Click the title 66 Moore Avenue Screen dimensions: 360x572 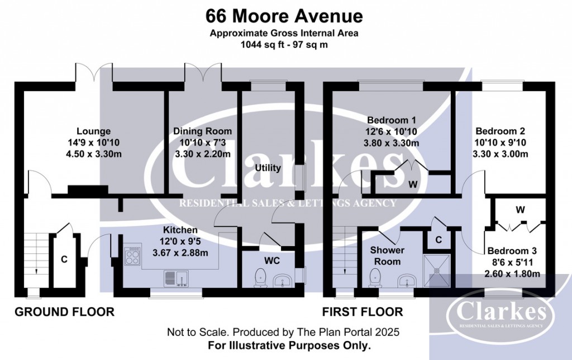point(284,15)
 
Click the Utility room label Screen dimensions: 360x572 point(267,168)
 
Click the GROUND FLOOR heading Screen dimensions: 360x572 point(64,312)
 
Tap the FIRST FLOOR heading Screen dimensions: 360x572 point(363,312)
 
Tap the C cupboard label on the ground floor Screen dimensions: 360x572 point(64,260)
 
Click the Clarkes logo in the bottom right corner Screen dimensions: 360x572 point(500,315)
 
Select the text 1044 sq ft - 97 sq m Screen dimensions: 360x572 point(284,44)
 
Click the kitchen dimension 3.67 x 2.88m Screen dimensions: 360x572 point(180,252)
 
